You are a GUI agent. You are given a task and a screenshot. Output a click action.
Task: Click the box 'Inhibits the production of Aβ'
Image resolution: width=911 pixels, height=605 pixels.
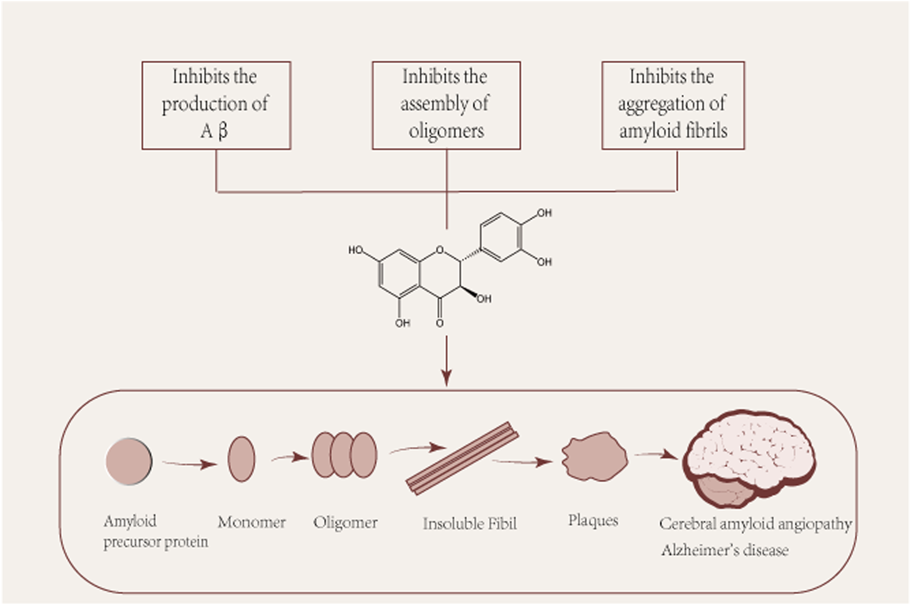pyautogui.click(x=216, y=105)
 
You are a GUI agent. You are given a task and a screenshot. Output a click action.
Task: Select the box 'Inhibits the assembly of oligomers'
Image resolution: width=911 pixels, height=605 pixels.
pyautogui.click(x=446, y=105)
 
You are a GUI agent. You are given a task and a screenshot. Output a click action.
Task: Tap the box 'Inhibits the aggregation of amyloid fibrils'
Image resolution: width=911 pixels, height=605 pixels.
pyautogui.click(x=672, y=105)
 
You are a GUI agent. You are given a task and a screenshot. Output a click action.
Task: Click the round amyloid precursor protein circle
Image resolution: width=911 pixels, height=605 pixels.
pyautogui.click(x=129, y=461)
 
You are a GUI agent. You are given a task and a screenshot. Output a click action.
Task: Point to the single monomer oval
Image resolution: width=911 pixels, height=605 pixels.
pyautogui.click(x=241, y=459)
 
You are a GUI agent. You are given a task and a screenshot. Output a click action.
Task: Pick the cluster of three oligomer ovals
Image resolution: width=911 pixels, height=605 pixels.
pyautogui.click(x=344, y=455)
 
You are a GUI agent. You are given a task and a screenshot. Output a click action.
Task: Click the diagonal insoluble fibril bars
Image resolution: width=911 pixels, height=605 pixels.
pyautogui.click(x=462, y=459)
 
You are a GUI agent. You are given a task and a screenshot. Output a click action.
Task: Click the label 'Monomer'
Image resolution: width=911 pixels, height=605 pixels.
pyautogui.click(x=251, y=522)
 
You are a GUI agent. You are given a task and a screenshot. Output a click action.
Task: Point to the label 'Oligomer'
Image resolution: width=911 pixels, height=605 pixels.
pyautogui.click(x=345, y=523)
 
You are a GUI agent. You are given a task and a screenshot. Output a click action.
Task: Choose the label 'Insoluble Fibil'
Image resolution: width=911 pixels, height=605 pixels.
pyautogui.click(x=469, y=524)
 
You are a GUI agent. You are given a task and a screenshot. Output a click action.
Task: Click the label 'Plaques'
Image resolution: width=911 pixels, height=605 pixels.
pyautogui.click(x=593, y=520)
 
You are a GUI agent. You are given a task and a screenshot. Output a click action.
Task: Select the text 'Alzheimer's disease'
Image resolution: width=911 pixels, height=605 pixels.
pyautogui.click(x=724, y=551)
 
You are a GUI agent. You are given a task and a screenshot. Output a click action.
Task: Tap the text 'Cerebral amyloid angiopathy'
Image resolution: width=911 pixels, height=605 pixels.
pyautogui.click(x=755, y=524)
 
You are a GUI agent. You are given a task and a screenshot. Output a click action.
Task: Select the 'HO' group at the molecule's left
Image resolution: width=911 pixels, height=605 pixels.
pyautogui.click(x=356, y=250)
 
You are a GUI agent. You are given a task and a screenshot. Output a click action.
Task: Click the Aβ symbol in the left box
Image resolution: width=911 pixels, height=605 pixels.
pyautogui.click(x=214, y=131)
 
